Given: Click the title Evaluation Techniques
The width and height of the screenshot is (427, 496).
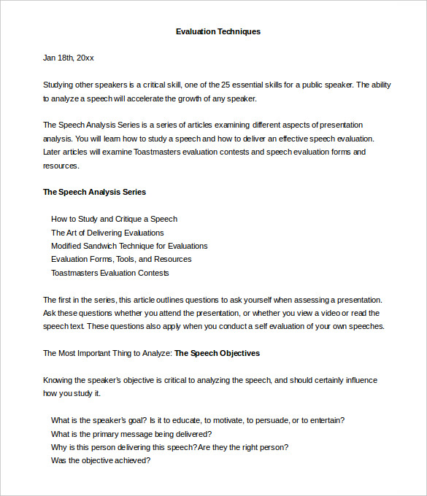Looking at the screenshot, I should [218, 31].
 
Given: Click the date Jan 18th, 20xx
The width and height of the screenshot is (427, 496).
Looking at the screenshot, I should [69, 58].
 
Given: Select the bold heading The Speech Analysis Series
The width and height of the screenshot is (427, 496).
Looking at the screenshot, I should [94, 192].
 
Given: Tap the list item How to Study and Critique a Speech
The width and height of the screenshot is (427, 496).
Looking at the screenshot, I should [114, 219].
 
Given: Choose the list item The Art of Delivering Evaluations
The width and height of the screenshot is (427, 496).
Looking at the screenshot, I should [107, 233].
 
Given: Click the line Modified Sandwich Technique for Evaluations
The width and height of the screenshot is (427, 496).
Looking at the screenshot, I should [129, 246].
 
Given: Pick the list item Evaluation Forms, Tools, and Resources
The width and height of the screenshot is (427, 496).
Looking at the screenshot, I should [121, 259].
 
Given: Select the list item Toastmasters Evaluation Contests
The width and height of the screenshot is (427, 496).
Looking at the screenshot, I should [109, 273].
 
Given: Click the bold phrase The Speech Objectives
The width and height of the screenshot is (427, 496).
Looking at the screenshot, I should [217, 353].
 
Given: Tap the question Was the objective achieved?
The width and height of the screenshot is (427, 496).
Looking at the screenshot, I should [101, 460].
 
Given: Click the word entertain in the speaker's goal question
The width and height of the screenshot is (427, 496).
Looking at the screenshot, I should [328, 420].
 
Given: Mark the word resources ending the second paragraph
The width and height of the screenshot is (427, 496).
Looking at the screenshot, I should [60, 166].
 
